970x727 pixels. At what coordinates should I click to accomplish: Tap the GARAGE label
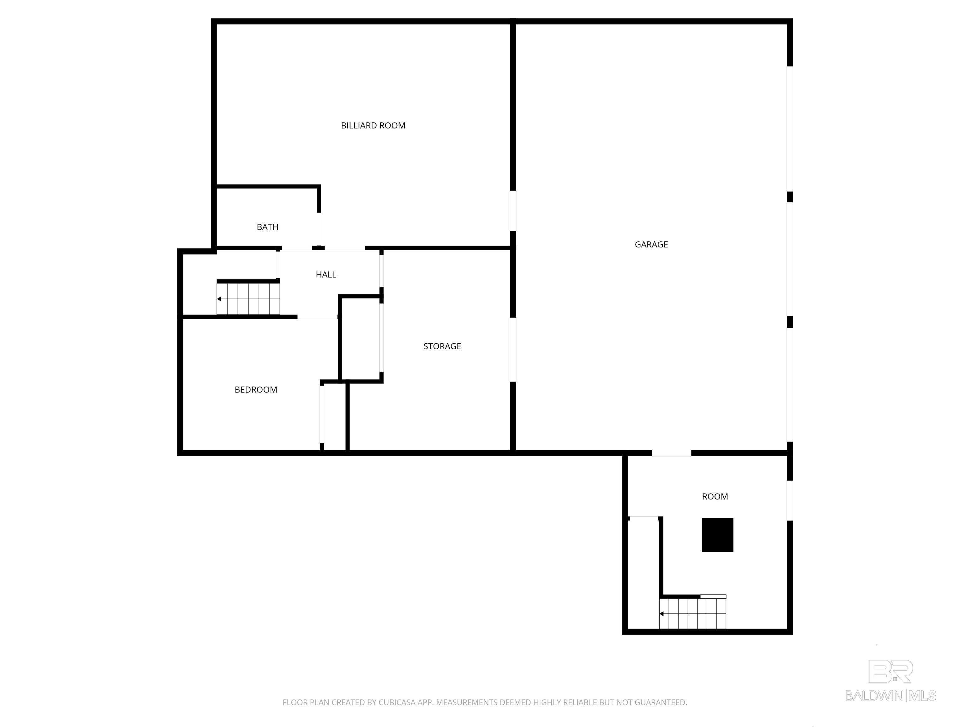(x=651, y=245)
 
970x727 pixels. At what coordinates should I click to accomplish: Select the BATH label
(x=267, y=227)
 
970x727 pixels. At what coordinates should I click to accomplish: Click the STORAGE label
(x=442, y=346)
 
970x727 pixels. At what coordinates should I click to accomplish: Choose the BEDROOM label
(x=256, y=390)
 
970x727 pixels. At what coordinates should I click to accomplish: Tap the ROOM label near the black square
(x=715, y=496)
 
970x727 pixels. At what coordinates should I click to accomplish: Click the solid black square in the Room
(x=717, y=535)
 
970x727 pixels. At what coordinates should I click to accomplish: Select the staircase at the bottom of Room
(x=693, y=613)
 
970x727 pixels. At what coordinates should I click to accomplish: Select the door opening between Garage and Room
(x=671, y=453)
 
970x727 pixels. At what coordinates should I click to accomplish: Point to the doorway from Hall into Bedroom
(x=317, y=316)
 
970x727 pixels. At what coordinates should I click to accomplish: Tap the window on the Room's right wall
(x=790, y=500)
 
